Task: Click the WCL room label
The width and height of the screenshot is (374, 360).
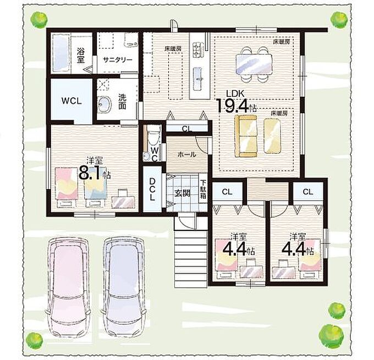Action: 71,101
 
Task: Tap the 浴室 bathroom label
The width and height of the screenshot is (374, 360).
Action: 81,56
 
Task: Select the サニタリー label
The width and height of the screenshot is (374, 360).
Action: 118,59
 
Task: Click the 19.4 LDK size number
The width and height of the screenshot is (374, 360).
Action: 233,106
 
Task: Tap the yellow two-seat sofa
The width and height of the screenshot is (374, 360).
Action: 246,136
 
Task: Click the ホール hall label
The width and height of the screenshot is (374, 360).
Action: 187,154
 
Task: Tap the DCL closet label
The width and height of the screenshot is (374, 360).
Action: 152,189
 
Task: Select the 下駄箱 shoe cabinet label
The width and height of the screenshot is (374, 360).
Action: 203,190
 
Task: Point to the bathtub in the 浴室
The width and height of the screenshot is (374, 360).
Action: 61,53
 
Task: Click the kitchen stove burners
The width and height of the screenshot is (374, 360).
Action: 197,49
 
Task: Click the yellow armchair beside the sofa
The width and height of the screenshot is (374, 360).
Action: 272,136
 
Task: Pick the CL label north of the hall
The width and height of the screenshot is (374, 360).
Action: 187,129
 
